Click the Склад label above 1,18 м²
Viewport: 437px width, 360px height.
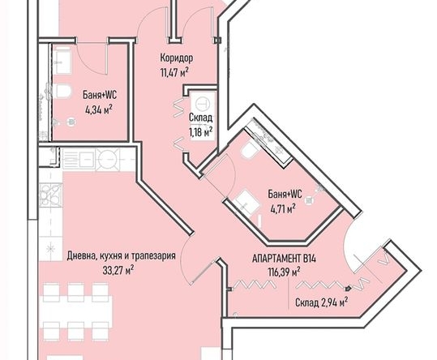coord(200,118)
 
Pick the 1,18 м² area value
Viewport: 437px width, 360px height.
coord(200,131)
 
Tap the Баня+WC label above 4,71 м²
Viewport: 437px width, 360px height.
coord(285,194)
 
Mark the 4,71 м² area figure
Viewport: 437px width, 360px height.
coord(281,207)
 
